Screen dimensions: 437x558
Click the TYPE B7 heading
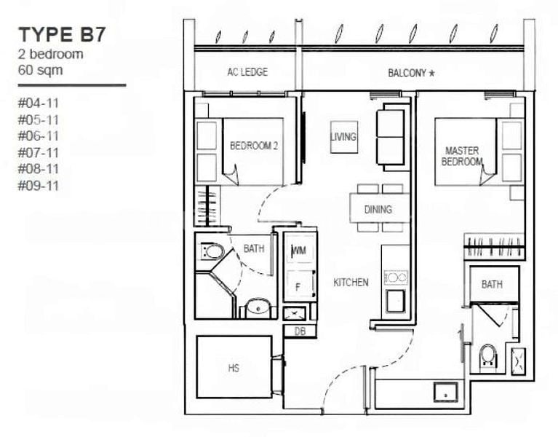[x=63, y=34]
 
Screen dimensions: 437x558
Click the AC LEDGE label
[x=247, y=72]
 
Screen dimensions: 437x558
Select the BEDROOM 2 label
[x=254, y=146]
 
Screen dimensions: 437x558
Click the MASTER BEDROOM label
[x=462, y=156]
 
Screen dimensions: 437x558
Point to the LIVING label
[x=343, y=136]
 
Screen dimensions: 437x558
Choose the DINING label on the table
[x=378, y=210]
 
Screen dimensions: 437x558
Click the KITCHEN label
[x=351, y=282]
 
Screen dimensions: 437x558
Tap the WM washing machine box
[x=298, y=251]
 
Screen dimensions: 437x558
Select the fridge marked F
[x=297, y=287]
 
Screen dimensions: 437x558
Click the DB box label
[x=299, y=331]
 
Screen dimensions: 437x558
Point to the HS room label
[x=234, y=368]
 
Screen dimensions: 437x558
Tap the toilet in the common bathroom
[x=212, y=252]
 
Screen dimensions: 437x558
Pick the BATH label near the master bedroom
[x=492, y=285]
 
